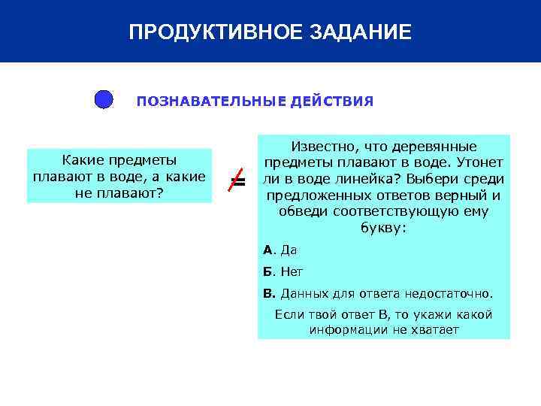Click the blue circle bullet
coord(104,100)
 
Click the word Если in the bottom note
coord(289,314)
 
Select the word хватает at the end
coord(433,329)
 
